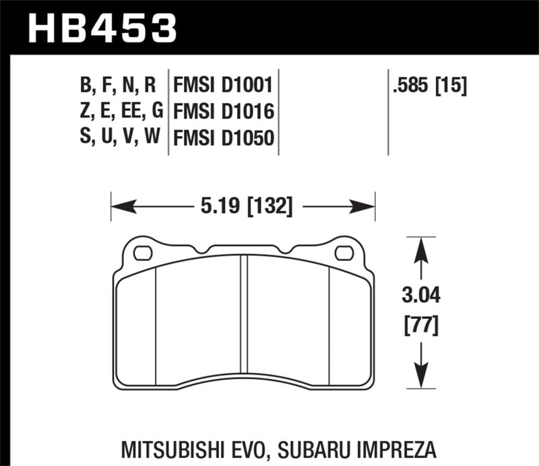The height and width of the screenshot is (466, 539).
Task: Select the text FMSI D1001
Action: pyautogui.click(x=223, y=86)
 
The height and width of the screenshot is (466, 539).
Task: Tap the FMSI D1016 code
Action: pyautogui.click(x=223, y=111)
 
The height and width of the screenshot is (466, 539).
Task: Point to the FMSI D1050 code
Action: pyautogui.click(x=223, y=138)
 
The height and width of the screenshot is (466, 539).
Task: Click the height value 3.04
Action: pyautogui.click(x=421, y=295)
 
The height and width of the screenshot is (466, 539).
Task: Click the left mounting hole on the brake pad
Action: pyautogui.click(x=143, y=254)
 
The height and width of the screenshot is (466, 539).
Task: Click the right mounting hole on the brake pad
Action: pyautogui.click(x=344, y=254)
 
